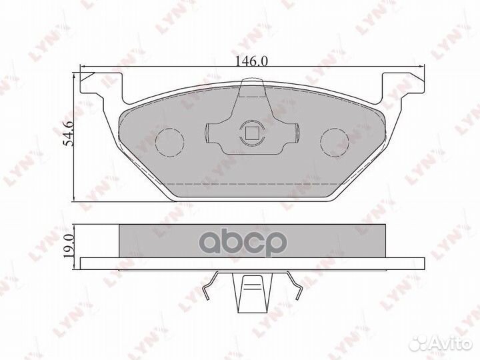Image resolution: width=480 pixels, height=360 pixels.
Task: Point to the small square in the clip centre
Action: (252, 131)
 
